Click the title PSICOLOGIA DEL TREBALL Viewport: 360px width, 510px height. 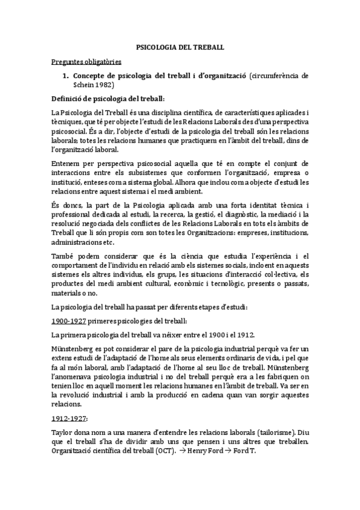point(180,46)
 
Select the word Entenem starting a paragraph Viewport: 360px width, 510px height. point(67,163)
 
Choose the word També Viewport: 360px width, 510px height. point(62,256)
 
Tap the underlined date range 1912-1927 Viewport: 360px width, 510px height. point(70,419)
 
